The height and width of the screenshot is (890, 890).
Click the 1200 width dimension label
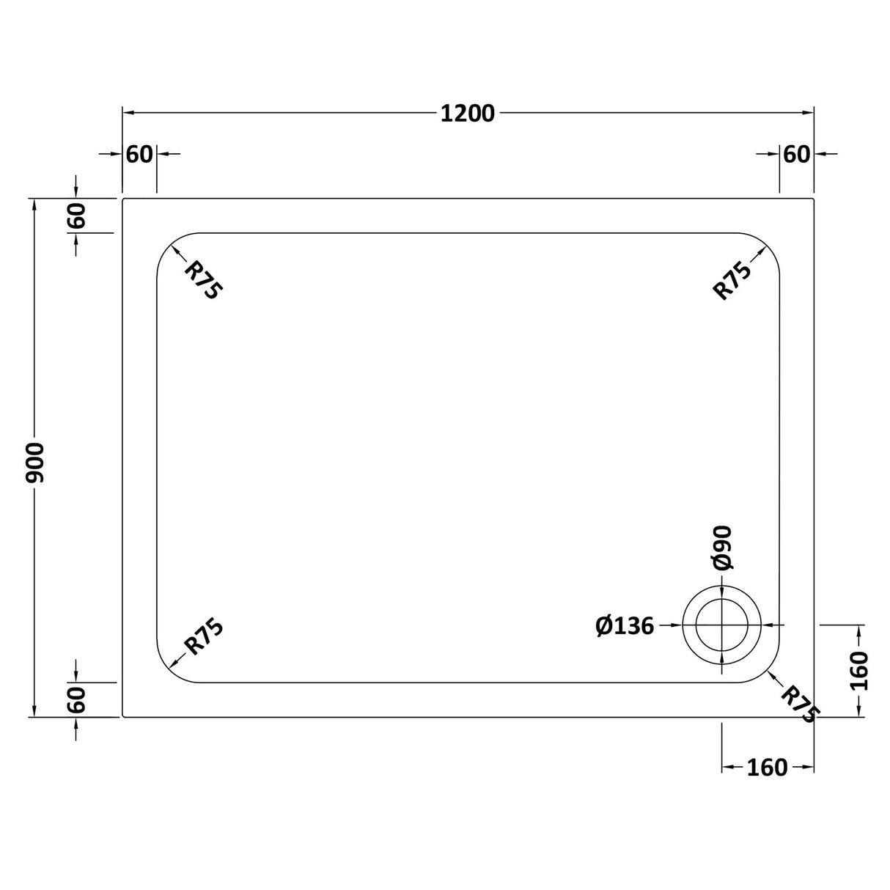(468, 114)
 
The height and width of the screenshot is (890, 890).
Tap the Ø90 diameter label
(722, 548)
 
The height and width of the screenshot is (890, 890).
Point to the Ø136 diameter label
(625, 626)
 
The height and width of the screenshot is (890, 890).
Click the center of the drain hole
(722, 625)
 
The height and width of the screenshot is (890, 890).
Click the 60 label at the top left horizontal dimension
(139, 155)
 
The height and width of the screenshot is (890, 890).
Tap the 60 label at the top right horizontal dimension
(797, 155)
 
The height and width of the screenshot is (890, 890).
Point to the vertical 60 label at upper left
(77, 216)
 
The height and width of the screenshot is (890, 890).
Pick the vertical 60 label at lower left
(77, 699)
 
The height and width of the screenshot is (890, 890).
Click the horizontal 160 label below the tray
(767, 768)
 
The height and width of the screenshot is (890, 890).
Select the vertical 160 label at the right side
(859, 671)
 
